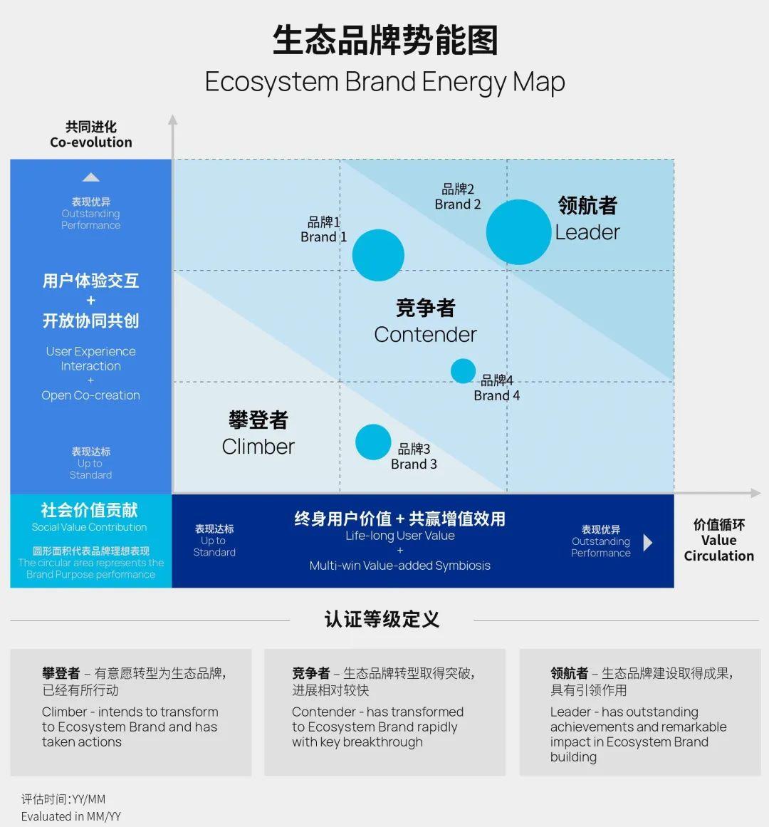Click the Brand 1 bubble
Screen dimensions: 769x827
coord(378,255)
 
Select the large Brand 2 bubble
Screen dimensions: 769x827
coord(518,232)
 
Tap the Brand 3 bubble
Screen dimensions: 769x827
coord(373,442)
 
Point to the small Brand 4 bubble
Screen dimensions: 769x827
coord(463,371)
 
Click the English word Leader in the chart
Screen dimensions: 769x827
coord(587,232)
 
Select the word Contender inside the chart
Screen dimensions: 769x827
coord(425,334)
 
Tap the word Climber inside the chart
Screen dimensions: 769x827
coord(258,447)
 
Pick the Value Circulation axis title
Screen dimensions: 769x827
coord(718,540)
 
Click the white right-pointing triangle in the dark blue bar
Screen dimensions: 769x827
coord(647,543)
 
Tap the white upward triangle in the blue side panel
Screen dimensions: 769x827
coord(90,177)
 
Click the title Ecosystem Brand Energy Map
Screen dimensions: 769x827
coord(384,82)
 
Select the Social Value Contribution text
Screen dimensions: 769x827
coord(90,527)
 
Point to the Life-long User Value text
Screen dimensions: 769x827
coord(399,536)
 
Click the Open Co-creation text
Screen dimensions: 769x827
coord(90,395)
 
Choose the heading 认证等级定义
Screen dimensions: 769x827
coord(382,619)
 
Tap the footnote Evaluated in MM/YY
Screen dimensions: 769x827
coord(71,816)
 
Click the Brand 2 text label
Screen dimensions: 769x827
coord(458,204)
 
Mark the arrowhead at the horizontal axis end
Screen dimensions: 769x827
coord(755,493)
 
